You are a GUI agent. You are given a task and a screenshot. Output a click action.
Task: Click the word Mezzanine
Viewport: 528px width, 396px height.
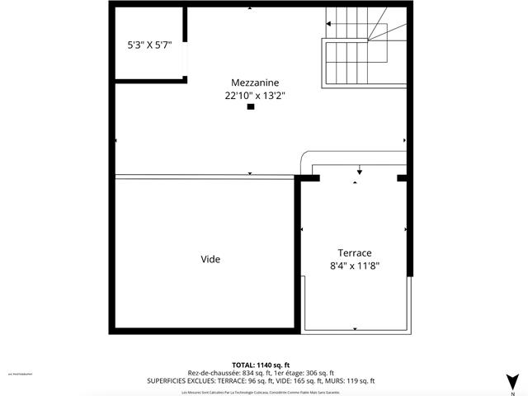pyautogui.click(x=255, y=82)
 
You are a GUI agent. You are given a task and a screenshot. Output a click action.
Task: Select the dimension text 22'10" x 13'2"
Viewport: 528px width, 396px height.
pyautogui.click(x=255, y=96)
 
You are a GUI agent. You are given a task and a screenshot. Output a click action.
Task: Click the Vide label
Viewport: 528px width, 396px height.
pyautogui.click(x=210, y=259)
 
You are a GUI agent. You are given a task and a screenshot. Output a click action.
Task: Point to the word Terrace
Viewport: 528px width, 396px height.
pyautogui.click(x=355, y=252)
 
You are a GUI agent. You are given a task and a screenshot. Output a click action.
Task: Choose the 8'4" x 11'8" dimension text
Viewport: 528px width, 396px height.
pyautogui.click(x=355, y=266)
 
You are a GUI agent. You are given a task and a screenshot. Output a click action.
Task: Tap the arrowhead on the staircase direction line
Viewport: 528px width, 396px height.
pyautogui.click(x=328, y=24)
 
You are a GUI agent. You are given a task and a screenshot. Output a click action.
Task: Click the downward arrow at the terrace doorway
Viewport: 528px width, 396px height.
pyautogui.click(x=360, y=172)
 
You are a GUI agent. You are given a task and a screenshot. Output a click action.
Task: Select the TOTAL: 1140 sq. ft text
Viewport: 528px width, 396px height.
pyautogui.click(x=260, y=364)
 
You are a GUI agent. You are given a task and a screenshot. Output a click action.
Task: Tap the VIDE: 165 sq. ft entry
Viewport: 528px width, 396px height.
pyautogui.click(x=302, y=381)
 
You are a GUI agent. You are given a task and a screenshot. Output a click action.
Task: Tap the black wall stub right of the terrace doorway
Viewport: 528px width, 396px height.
pyautogui.click(x=403, y=177)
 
